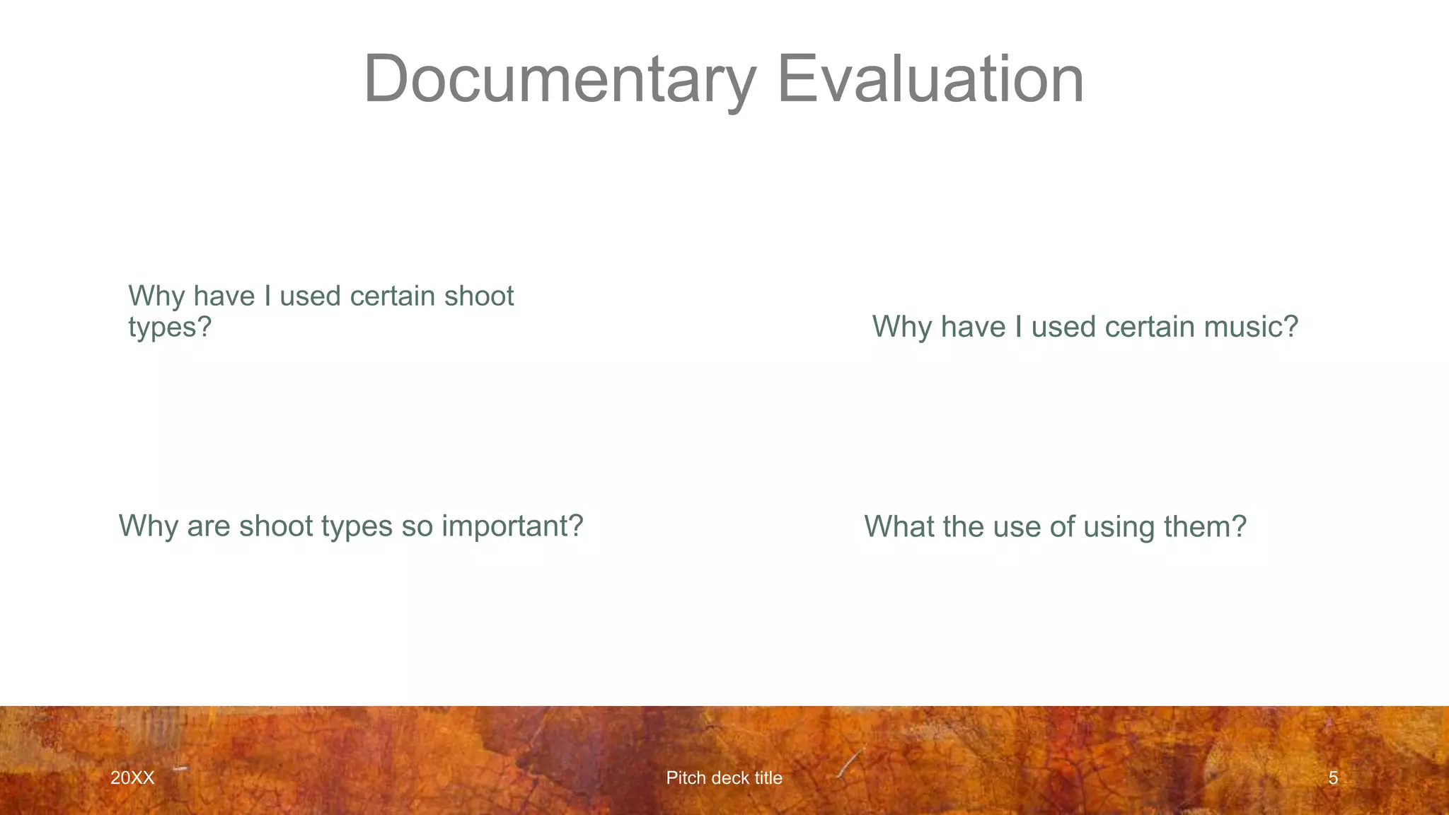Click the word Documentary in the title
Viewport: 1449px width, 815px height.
(x=560, y=79)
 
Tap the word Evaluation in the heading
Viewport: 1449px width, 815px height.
(x=930, y=79)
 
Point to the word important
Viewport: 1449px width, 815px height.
(x=512, y=526)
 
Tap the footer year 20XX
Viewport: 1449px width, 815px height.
(x=132, y=778)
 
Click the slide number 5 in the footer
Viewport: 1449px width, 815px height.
(x=1333, y=778)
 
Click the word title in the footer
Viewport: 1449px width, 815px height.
(x=768, y=778)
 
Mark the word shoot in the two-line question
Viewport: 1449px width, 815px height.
(x=479, y=296)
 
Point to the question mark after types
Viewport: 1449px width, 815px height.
(x=205, y=328)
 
